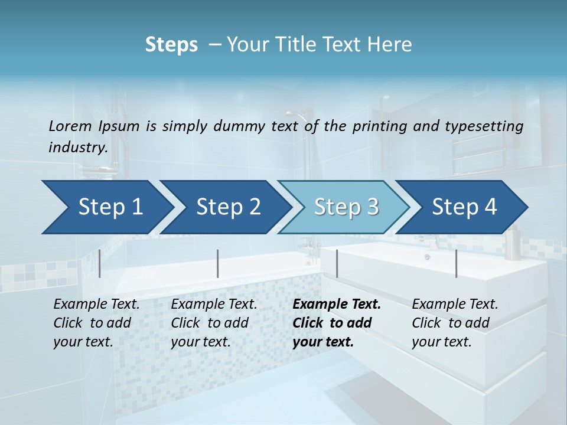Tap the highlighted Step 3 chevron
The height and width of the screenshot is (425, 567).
tap(346, 207)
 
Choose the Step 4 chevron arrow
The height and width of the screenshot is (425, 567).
tap(464, 207)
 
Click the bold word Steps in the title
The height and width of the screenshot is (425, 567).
tap(171, 45)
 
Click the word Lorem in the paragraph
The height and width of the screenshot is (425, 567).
tap(70, 126)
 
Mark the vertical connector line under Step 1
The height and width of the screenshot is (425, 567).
tap(100, 263)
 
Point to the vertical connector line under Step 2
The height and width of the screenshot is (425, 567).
tap(218, 263)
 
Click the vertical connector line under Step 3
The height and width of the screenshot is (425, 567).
tap(337, 263)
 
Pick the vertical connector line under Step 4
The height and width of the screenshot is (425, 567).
tap(456, 263)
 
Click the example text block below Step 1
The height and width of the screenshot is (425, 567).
tap(96, 323)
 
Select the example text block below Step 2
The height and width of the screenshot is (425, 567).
tap(214, 323)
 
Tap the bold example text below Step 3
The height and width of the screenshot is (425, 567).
tap(337, 323)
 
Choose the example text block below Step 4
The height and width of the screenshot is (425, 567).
tap(455, 323)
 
